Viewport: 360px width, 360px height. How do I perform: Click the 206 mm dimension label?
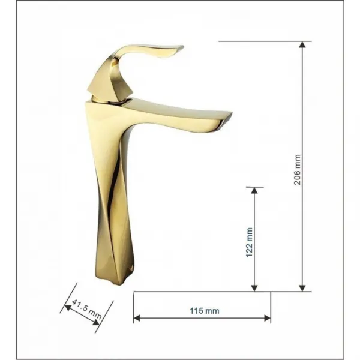tap(297, 170)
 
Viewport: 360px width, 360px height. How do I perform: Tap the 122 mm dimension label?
tap(249, 242)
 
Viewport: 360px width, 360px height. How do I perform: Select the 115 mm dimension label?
tap(205, 311)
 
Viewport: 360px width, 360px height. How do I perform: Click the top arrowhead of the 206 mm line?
tap(302, 44)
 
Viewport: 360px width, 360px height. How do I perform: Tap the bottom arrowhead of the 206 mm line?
tap(302, 288)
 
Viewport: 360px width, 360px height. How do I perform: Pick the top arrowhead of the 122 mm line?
tap(254, 190)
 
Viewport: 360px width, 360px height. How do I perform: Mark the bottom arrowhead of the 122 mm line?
tap(254, 288)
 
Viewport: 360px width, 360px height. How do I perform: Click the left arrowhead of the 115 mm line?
tap(137, 318)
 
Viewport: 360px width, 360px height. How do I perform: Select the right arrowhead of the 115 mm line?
tap(268, 318)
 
